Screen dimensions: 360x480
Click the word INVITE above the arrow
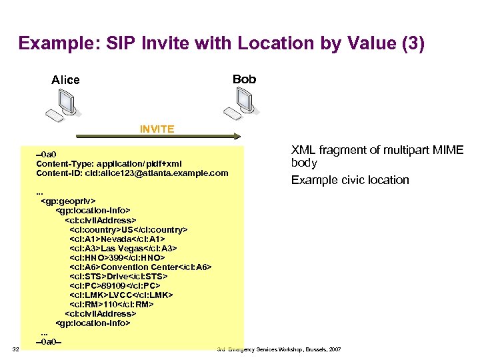pos(157,129)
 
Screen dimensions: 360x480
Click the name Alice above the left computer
pos(65,80)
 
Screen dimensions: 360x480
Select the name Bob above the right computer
pos(244,79)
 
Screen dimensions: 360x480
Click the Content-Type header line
pos(109,164)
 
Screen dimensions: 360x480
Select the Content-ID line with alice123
pos(132,173)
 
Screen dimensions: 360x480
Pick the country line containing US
pos(128,229)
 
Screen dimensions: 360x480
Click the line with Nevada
pos(117,239)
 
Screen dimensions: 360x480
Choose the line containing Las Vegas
pos(123,248)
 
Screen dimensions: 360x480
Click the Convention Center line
pos(140,267)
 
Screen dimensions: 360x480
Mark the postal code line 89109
pos(117,285)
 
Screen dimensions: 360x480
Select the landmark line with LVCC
pos(121,295)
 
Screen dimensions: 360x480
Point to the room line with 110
pos(111,304)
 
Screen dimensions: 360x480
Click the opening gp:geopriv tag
pos(69,201)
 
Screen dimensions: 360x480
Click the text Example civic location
pos(350,180)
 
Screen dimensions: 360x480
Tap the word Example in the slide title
pos(50,44)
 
